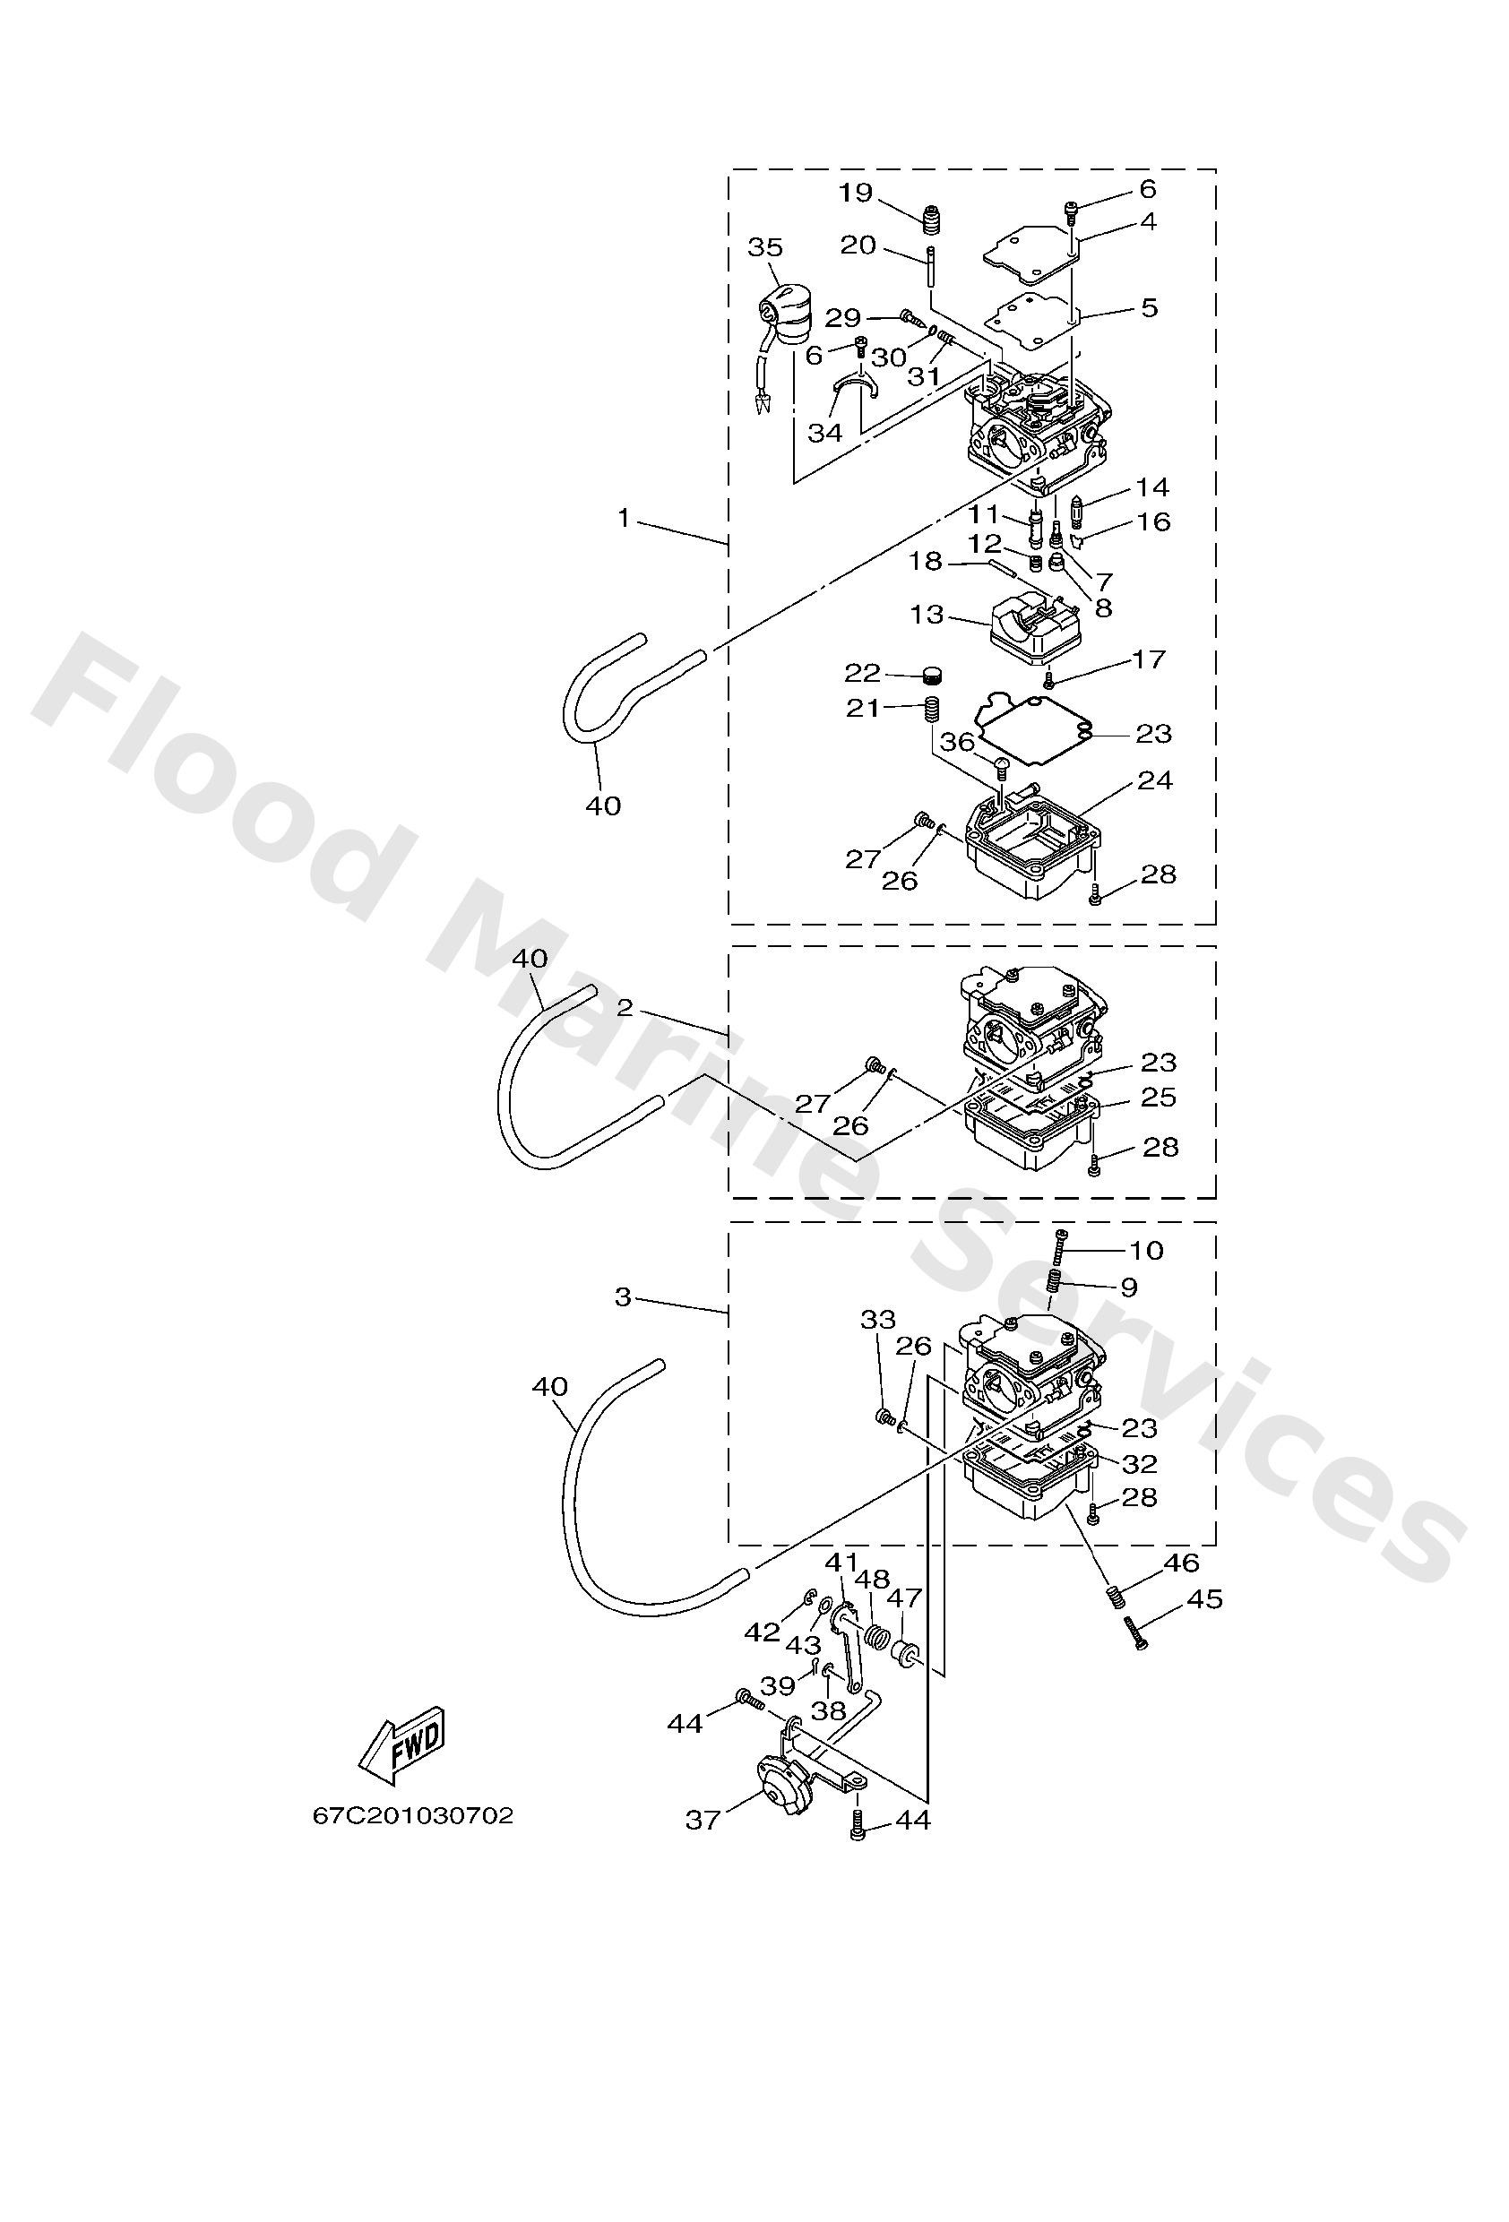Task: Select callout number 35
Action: (765, 247)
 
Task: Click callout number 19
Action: (856, 194)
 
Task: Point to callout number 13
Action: (927, 614)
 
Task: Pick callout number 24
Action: (1154, 780)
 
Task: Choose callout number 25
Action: (1158, 1097)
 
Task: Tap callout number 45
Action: (1204, 1598)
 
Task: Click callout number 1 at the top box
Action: (624, 518)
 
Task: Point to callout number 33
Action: (878, 1320)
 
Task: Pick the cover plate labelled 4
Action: (1030, 254)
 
